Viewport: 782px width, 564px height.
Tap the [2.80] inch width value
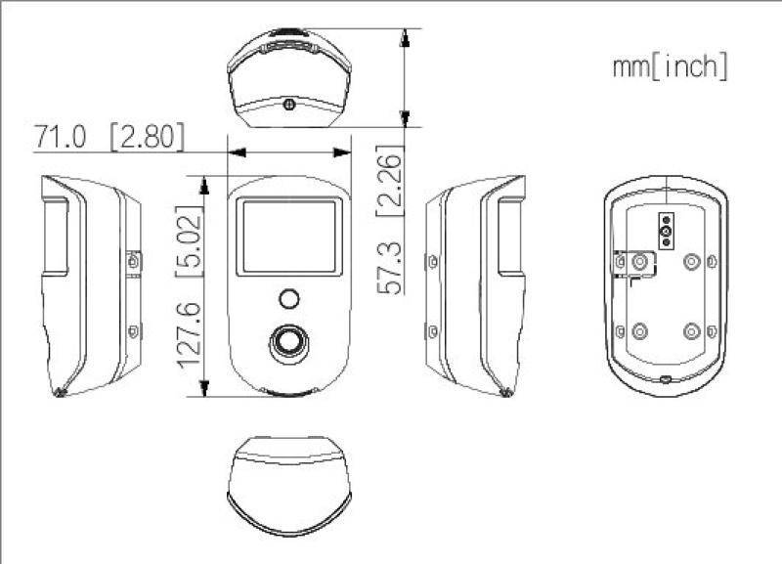point(147,138)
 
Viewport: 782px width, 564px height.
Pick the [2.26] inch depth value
point(390,181)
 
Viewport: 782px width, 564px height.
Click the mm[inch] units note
point(670,67)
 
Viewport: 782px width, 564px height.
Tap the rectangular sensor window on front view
point(289,235)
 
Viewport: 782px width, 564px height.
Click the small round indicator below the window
point(288,297)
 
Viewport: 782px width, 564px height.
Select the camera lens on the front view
point(288,340)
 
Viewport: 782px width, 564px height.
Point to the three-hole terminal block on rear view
point(667,232)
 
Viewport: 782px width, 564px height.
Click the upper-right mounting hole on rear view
point(692,261)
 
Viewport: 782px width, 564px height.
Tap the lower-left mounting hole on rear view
point(640,330)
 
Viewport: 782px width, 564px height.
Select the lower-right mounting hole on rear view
point(692,330)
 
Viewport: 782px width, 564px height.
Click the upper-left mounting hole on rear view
point(640,261)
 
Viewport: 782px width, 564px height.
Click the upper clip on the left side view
point(134,261)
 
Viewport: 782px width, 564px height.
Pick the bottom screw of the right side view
point(432,331)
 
